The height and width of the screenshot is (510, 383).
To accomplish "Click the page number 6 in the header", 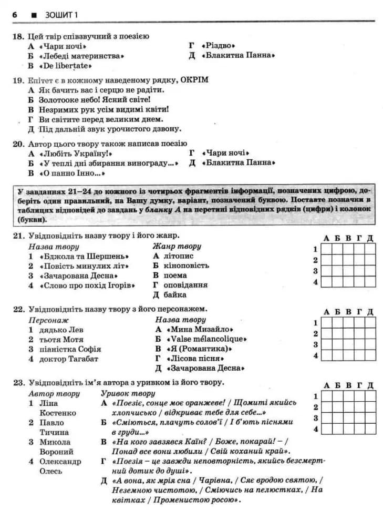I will (15, 15).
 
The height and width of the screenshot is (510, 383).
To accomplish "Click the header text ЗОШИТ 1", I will (59, 15).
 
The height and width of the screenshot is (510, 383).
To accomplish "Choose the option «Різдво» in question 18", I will (220, 46).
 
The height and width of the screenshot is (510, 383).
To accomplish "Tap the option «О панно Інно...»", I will (72, 173).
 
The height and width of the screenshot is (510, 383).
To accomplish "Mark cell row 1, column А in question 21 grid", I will (326, 249).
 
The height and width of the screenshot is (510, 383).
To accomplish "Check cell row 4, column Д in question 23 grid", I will (370, 429).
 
